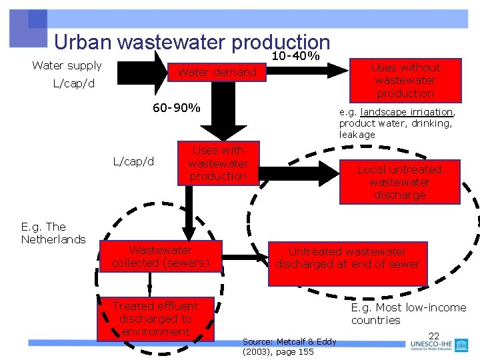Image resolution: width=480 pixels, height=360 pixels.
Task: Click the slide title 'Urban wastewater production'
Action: (192, 42)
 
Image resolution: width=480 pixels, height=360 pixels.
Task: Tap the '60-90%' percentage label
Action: (176, 108)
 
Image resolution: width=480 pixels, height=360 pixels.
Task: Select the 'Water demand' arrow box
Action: (217, 72)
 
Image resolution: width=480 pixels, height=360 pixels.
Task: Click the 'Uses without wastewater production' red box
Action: (405, 80)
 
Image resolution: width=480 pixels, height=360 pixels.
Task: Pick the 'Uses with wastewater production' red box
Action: (218, 163)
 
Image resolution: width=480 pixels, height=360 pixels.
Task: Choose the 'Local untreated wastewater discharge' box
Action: (399, 182)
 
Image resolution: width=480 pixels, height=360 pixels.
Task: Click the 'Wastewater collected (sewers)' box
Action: (161, 257)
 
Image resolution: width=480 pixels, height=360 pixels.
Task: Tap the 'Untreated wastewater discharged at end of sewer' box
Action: (347, 258)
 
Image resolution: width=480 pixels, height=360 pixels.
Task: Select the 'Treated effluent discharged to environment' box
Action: (155, 319)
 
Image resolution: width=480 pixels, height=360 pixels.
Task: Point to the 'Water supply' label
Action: (67, 65)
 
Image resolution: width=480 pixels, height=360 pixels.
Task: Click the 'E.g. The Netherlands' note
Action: (53, 233)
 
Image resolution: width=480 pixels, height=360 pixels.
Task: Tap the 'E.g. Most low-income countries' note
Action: (408, 313)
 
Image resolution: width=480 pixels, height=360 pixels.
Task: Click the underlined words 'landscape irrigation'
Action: (407, 112)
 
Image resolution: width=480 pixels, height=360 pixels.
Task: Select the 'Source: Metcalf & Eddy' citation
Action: (289, 342)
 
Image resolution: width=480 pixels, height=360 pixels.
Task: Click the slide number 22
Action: (434, 336)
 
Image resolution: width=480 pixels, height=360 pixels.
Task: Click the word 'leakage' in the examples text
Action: (357, 135)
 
